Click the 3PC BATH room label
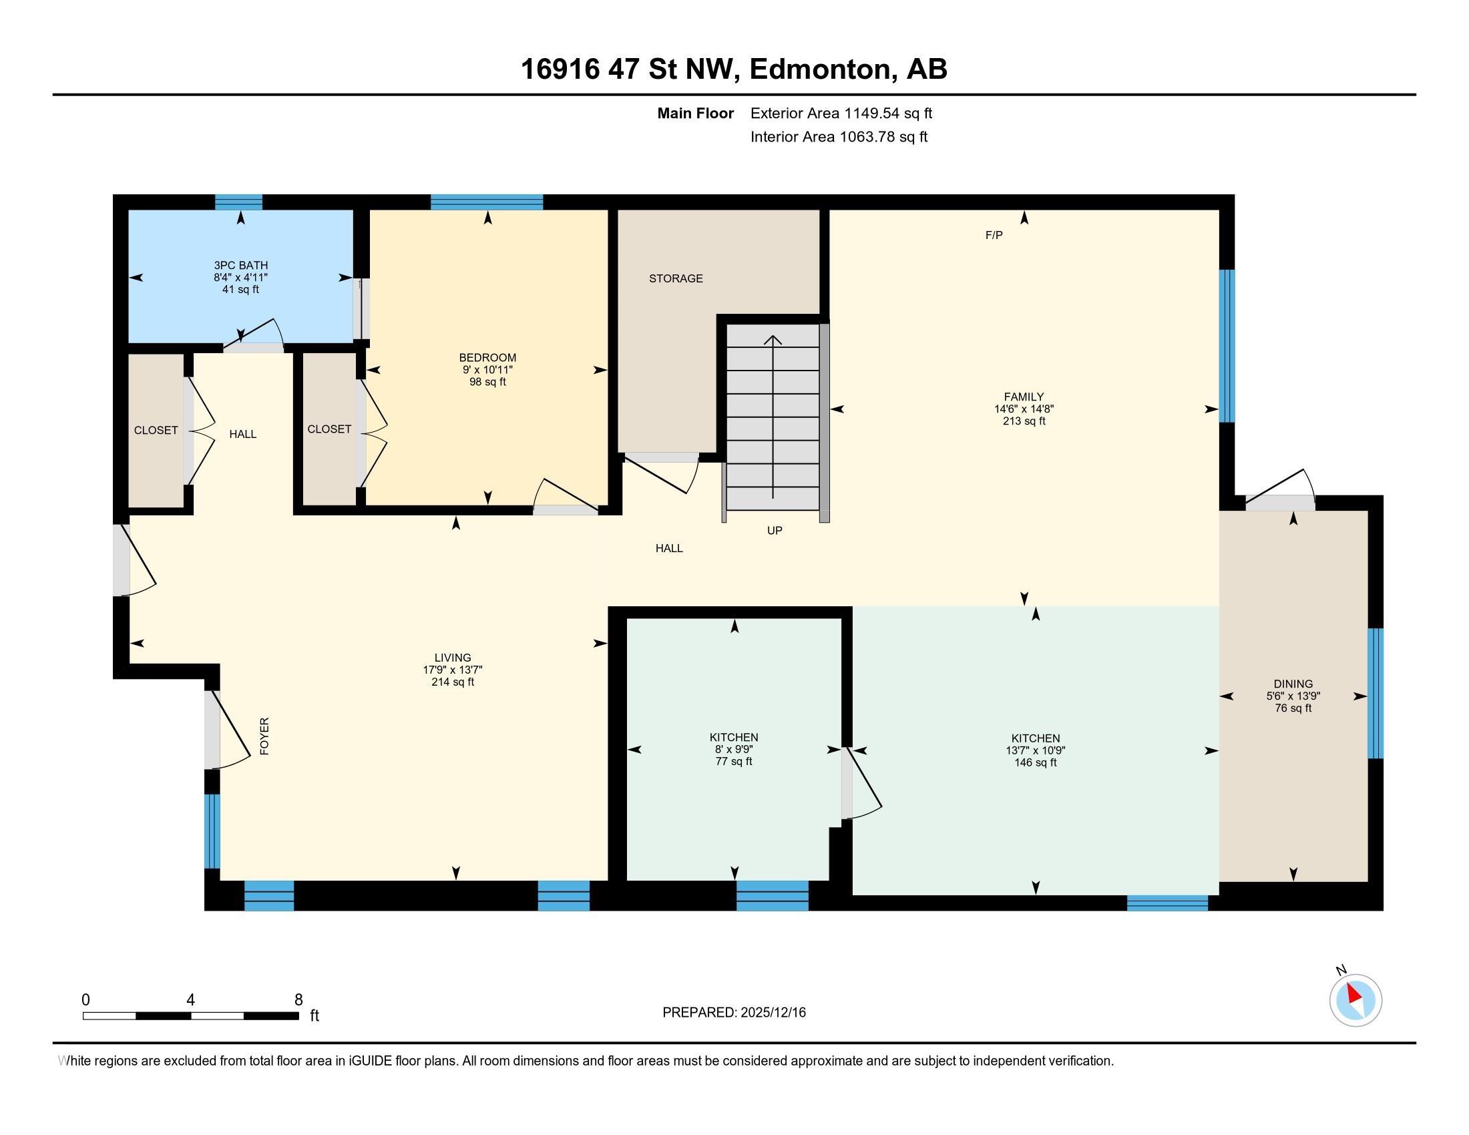(241, 266)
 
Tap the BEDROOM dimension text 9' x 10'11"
(487, 370)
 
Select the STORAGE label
(675, 278)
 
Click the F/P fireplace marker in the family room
(994, 235)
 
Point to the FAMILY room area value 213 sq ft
(1024, 421)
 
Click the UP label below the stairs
(774, 531)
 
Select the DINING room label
(1292, 684)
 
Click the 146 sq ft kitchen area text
(1035, 762)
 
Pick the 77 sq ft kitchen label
(733, 761)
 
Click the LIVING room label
(452, 658)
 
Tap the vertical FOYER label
(264, 736)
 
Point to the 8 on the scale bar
(298, 1000)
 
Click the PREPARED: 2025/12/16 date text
(733, 1013)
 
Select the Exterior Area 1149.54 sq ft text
(841, 113)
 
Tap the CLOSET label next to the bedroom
(329, 429)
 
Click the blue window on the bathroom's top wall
(238, 202)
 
